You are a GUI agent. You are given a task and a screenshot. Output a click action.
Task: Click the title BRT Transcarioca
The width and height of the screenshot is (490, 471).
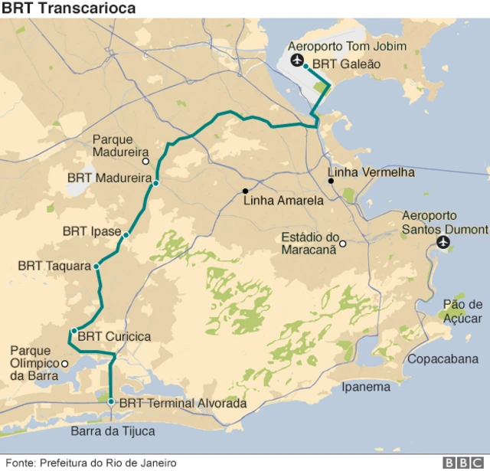pyautogui.click(x=69, y=8)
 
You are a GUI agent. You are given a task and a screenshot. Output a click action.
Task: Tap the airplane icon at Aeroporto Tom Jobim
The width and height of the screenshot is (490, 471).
pyautogui.click(x=297, y=61)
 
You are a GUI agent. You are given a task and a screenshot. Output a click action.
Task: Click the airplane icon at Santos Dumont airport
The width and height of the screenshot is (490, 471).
pyautogui.click(x=443, y=244)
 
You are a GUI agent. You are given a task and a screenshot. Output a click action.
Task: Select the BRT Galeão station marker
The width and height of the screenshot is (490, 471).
pyautogui.click(x=306, y=66)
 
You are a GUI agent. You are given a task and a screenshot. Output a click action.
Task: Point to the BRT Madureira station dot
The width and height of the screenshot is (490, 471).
pyautogui.click(x=155, y=184)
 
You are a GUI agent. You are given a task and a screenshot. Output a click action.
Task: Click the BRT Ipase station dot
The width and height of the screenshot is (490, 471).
pyautogui.click(x=126, y=234)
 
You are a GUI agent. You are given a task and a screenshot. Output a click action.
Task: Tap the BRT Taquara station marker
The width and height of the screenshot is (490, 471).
pyautogui.click(x=96, y=266)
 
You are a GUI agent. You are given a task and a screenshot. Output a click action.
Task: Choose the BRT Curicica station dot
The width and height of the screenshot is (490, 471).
pyautogui.click(x=74, y=332)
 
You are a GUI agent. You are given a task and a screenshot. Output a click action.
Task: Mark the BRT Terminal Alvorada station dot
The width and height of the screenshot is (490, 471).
pyautogui.click(x=111, y=401)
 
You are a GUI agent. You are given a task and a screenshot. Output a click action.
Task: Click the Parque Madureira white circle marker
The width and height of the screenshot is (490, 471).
pyautogui.click(x=145, y=162)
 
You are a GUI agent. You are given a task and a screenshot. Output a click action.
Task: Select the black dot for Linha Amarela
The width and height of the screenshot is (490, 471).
pyautogui.click(x=246, y=191)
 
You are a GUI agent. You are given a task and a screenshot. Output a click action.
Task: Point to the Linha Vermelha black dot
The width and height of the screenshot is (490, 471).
pyautogui.click(x=331, y=182)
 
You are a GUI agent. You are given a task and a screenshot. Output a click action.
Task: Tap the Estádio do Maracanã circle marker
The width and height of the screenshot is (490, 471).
pyautogui.click(x=343, y=244)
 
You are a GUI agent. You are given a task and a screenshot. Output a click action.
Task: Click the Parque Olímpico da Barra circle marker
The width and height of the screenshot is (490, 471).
pyautogui.click(x=65, y=363)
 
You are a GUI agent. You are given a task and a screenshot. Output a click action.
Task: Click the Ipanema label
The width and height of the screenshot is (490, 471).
pyautogui.click(x=366, y=387)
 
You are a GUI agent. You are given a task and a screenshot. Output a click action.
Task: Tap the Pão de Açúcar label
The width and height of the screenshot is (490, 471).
pyautogui.click(x=463, y=311)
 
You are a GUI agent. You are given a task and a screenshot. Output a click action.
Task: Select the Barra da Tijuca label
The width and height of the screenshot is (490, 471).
pyautogui.click(x=113, y=431)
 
